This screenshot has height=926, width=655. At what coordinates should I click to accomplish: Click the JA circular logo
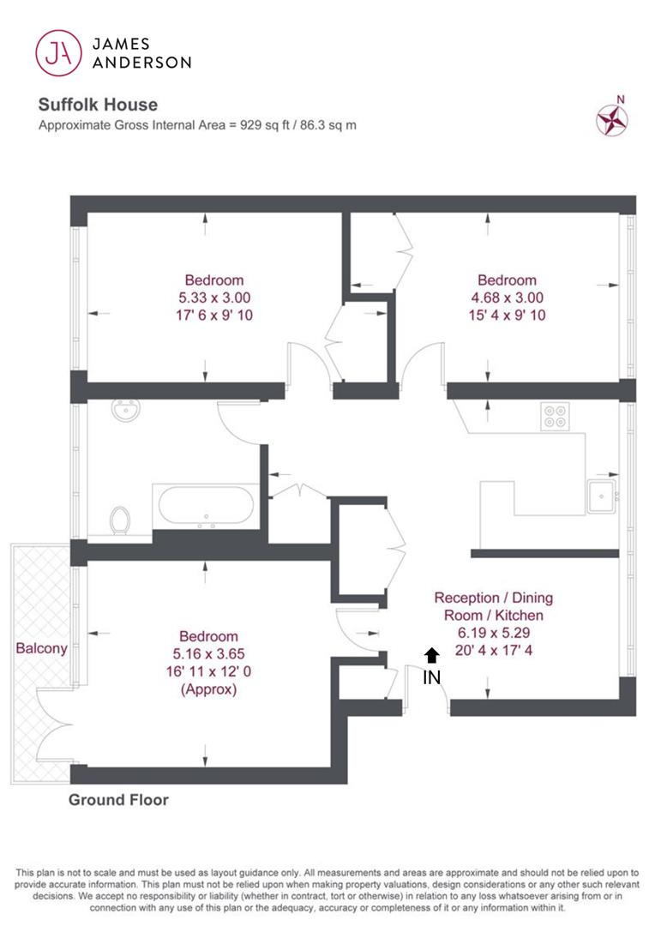point(58,53)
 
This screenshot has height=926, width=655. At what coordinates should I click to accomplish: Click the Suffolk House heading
point(98,105)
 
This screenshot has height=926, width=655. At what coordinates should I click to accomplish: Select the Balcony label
point(41,648)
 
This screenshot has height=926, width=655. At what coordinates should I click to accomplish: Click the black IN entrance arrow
point(432,655)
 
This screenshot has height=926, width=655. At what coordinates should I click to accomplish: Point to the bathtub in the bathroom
point(206,506)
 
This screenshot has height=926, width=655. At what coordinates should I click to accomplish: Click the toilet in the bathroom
point(120,520)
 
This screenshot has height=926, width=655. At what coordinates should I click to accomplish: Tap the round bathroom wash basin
point(126,409)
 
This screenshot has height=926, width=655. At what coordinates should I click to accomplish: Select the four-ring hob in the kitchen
point(556,417)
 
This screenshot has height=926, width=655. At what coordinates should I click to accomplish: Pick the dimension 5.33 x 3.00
point(214,298)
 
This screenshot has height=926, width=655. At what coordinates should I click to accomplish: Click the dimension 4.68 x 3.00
point(508,298)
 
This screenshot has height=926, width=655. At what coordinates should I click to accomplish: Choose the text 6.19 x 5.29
point(494,633)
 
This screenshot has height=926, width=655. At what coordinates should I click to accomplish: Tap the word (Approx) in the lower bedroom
point(208,689)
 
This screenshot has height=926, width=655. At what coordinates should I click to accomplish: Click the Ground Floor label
point(118,800)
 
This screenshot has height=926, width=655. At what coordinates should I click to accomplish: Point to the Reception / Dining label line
point(494,598)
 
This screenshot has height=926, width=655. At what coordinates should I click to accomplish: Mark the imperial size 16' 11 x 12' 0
point(208,671)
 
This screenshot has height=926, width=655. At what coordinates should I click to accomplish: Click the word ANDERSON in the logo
point(141,62)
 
